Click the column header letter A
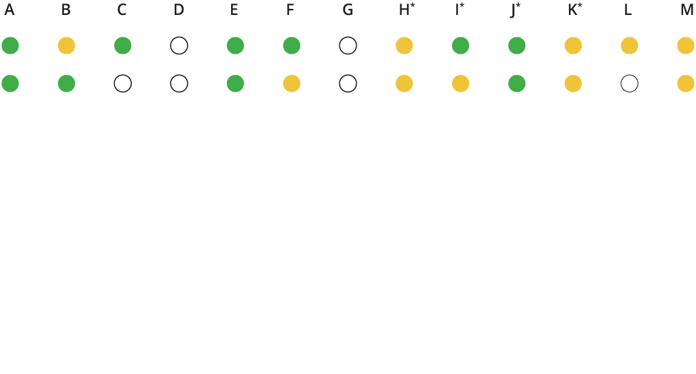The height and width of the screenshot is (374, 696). (x=10, y=10)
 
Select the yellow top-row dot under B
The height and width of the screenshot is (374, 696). (x=67, y=46)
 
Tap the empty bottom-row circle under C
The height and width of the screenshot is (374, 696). (x=123, y=84)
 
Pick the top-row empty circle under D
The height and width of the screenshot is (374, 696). (x=179, y=46)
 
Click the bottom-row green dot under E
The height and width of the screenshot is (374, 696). (x=235, y=84)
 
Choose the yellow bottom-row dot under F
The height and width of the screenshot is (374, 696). (x=292, y=84)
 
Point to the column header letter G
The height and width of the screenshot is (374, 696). (x=348, y=10)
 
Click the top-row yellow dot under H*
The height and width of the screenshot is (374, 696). (x=404, y=46)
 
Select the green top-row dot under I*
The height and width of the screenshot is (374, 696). (x=461, y=46)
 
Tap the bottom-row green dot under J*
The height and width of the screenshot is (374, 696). (x=517, y=84)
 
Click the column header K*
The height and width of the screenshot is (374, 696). (x=575, y=10)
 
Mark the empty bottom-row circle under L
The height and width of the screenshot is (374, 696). (x=629, y=84)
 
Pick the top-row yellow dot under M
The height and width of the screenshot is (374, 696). (x=686, y=46)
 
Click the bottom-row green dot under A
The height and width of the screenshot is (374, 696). (x=10, y=84)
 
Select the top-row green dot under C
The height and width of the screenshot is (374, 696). (x=123, y=46)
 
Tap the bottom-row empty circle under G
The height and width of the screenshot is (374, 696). (x=348, y=84)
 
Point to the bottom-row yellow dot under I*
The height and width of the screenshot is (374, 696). (x=461, y=84)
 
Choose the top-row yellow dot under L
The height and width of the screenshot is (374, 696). (x=629, y=46)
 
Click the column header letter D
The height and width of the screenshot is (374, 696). (x=179, y=10)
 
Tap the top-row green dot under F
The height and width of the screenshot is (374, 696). (x=292, y=46)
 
